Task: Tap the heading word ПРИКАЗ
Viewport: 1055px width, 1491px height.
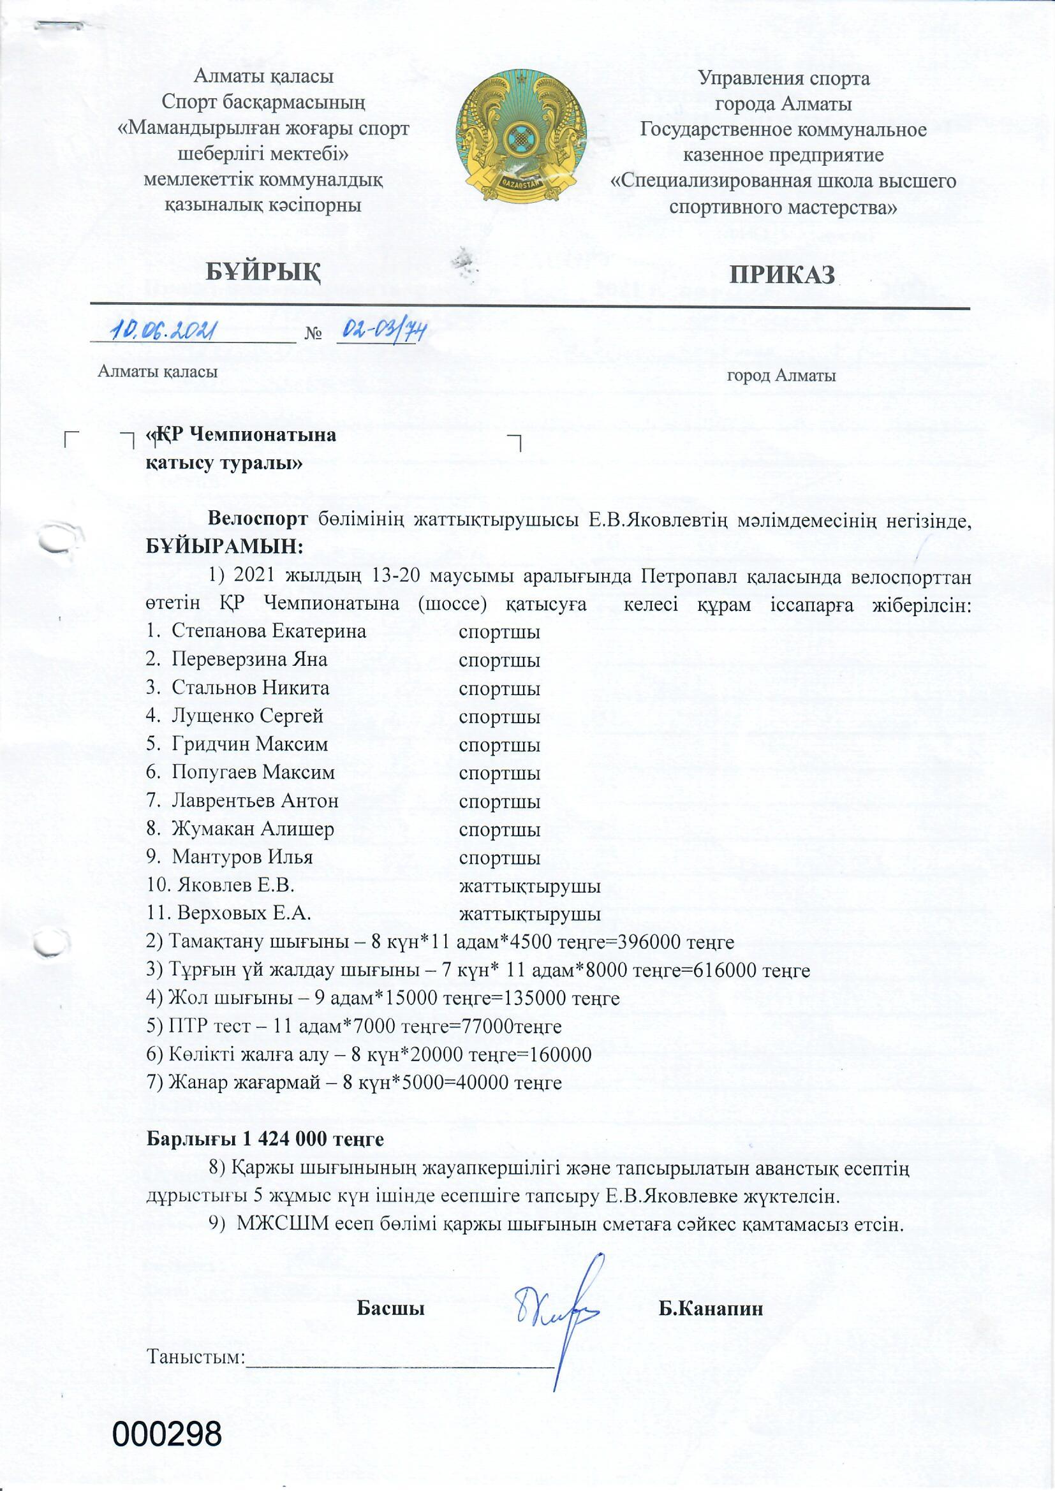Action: [781, 275]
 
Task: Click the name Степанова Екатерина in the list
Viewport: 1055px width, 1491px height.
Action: [269, 631]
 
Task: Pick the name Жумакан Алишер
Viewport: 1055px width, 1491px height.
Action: [253, 829]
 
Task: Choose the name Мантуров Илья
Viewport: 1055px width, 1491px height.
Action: [242, 857]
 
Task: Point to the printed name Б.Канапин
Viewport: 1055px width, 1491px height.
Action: [711, 1309]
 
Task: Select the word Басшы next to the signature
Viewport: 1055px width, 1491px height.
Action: [391, 1309]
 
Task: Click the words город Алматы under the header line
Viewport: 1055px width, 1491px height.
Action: [781, 376]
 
